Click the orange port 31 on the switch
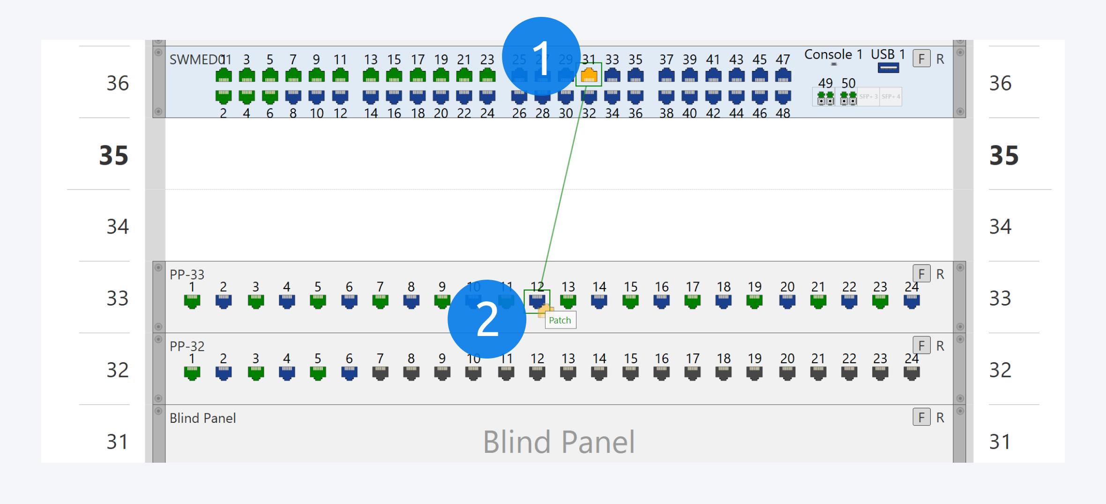tap(589, 75)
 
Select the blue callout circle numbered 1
tap(541, 57)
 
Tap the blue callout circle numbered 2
tap(487, 319)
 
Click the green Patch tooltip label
tap(560, 321)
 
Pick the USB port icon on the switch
tap(888, 68)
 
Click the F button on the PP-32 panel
tap(921, 346)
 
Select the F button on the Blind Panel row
tap(921, 417)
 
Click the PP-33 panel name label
tap(187, 275)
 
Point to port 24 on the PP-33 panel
tap(911, 301)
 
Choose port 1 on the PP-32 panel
tap(192, 373)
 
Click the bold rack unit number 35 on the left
tap(113, 155)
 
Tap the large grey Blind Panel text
tap(559, 442)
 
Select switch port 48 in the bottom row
tap(783, 97)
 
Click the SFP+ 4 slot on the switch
tap(890, 97)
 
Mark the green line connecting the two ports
tap(562, 188)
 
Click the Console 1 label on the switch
tap(833, 54)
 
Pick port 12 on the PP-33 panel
tap(537, 300)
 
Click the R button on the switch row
tap(940, 59)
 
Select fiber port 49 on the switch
tap(825, 98)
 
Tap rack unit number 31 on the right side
tap(1000, 442)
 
